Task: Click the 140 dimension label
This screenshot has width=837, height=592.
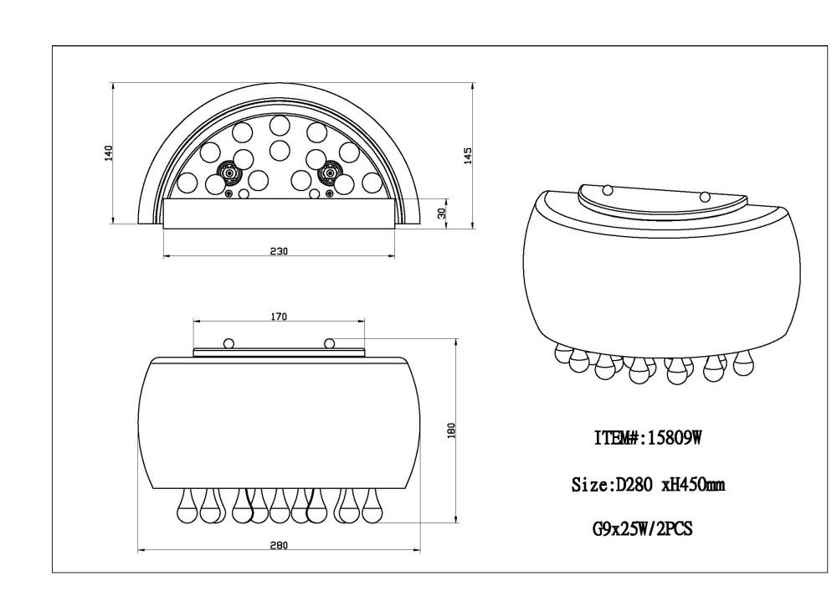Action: [x=109, y=153]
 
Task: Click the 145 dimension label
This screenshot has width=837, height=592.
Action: [x=468, y=156]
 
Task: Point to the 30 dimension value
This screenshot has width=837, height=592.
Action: [x=441, y=213]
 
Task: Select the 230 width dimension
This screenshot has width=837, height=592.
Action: [x=279, y=251]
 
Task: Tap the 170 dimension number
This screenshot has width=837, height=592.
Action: [x=279, y=317]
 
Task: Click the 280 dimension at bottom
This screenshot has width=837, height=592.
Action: [x=278, y=545]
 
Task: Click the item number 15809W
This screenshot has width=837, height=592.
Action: [x=674, y=438]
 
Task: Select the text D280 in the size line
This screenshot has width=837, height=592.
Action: [x=634, y=485]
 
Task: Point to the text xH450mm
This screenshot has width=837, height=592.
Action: [x=693, y=485]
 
